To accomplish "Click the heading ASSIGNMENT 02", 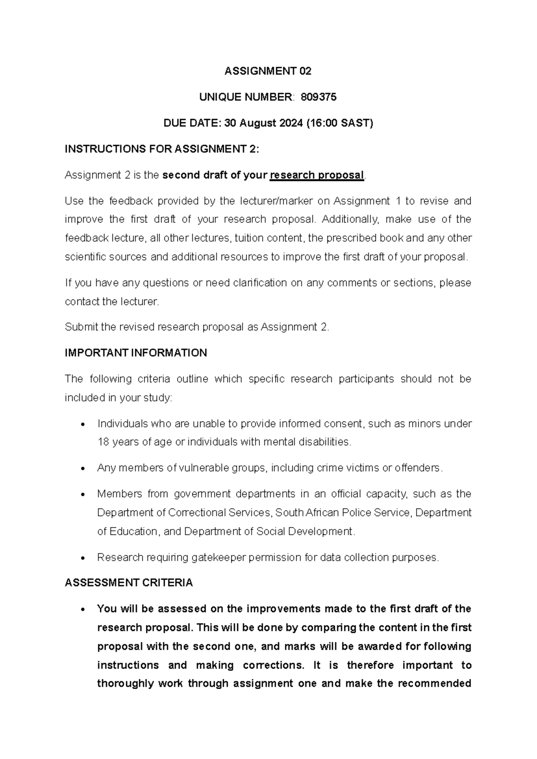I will coord(268,71).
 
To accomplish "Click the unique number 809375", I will coord(319,97).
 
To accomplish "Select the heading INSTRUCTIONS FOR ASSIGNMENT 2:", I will coord(162,149).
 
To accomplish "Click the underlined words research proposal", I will coord(317,175).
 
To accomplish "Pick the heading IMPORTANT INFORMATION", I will coord(136,353).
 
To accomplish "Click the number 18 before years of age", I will coord(102,442).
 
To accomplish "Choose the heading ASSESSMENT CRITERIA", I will coord(128,583).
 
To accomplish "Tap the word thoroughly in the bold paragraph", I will coord(125,684).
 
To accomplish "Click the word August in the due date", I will coord(257,123).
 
